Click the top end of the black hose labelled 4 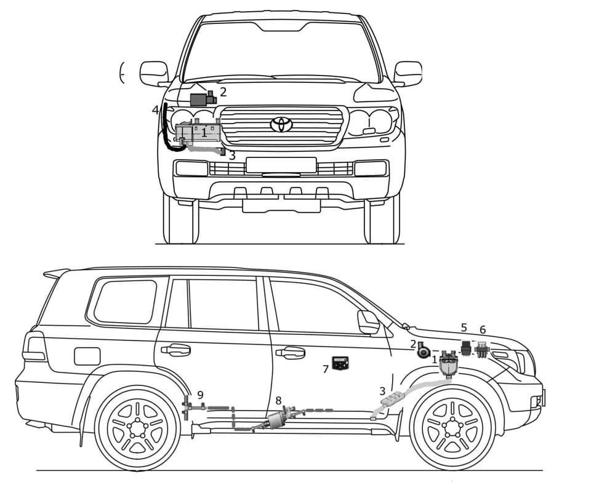[165, 104]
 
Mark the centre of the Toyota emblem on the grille [281, 124]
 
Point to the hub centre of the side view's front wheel [452, 427]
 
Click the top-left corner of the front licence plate [246, 158]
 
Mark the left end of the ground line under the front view [156, 244]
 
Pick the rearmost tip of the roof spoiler [44, 274]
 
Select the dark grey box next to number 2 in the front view [198, 100]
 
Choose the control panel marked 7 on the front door [340, 363]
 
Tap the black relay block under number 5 [467, 348]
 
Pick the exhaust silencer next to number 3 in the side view [392, 398]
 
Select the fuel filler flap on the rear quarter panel [87, 356]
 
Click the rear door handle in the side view [175, 350]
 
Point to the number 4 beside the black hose [155, 110]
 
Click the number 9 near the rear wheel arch [200, 395]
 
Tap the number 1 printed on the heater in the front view [204, 132]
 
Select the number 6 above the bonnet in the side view [483, 330]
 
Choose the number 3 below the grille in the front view [232, 155]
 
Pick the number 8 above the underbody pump [278, 400]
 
